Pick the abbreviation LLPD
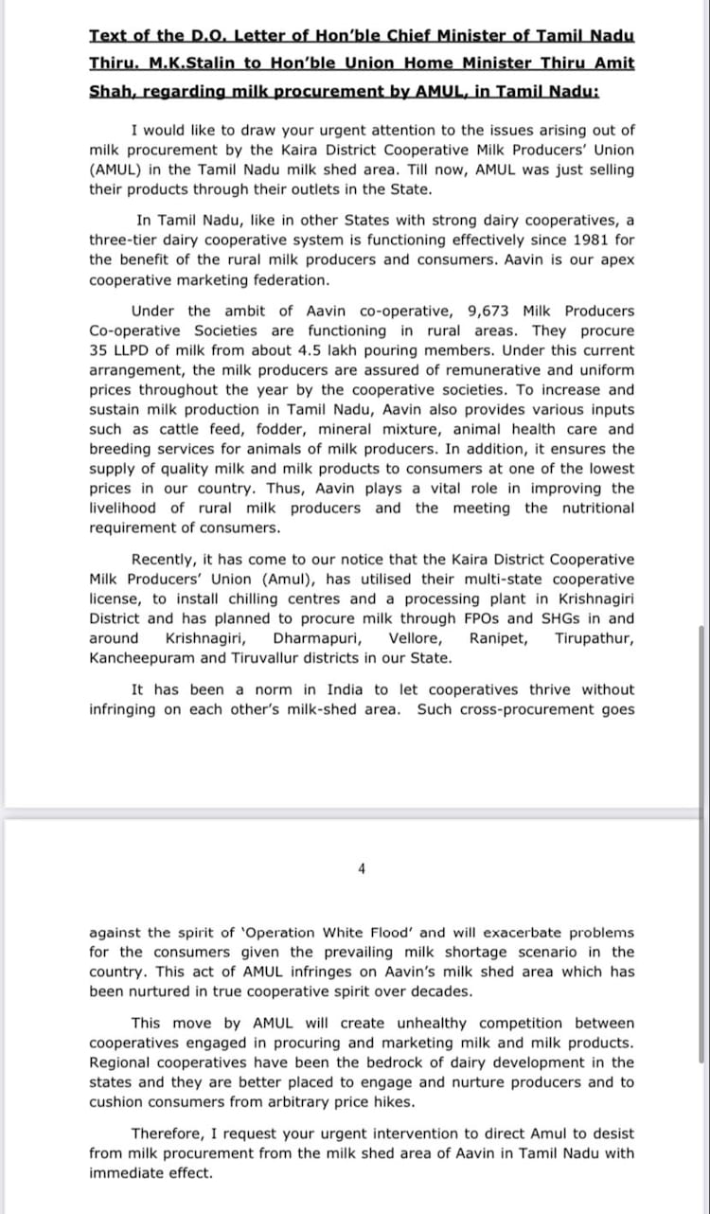coord(134,350)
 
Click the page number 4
coord(362,868)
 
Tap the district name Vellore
coord(415,638)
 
